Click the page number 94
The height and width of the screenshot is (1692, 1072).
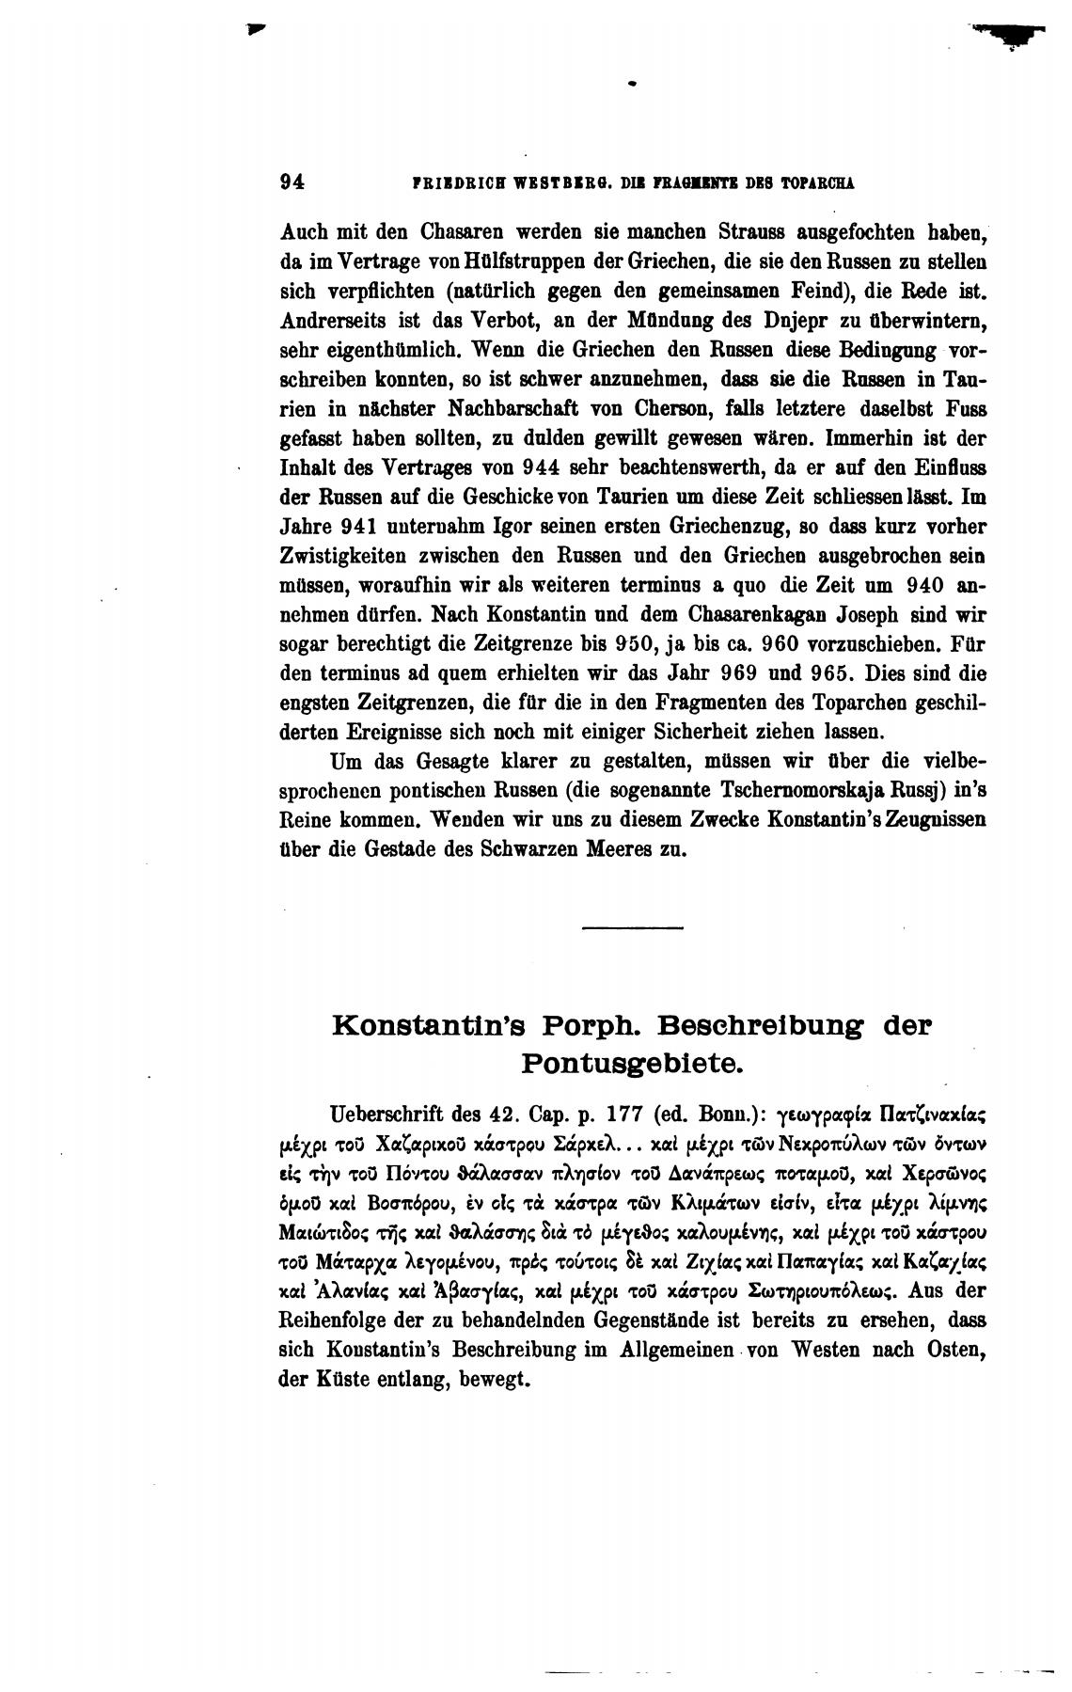292,183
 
